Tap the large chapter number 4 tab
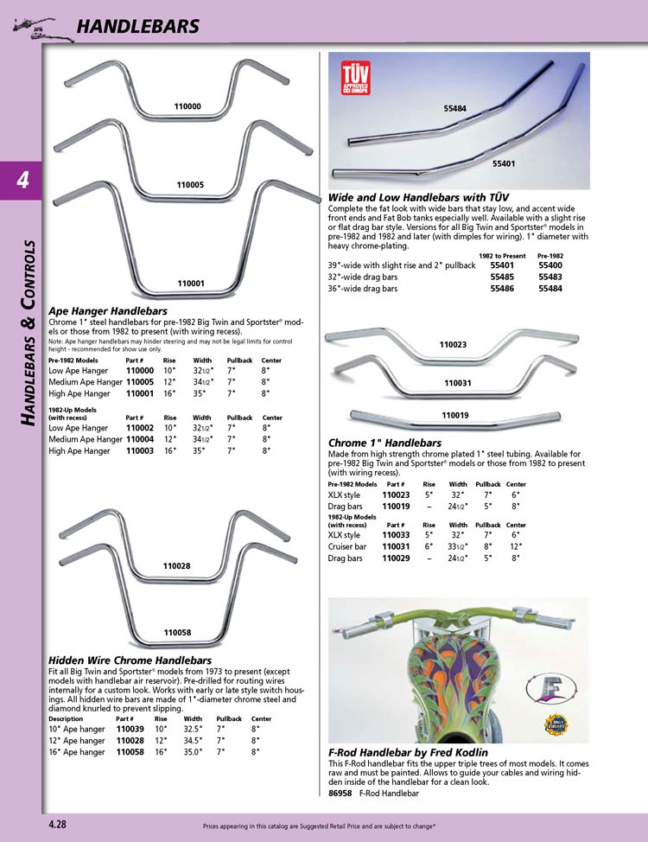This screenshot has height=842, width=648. (x=22, y=180)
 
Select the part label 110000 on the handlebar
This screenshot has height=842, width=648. (x=187, y=107)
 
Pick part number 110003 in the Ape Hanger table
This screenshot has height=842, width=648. (x=140, y=450)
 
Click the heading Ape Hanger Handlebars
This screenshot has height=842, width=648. (x=107, y=310)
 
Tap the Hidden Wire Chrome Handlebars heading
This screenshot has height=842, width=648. (x=124, y=660)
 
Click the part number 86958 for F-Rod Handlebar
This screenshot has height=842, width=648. (x=341, y=793)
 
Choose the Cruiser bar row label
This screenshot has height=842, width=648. (x=347, y=546)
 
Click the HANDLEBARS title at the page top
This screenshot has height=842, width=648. (x=138, y=27)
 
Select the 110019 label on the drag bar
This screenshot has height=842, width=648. (x=455, y=416)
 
